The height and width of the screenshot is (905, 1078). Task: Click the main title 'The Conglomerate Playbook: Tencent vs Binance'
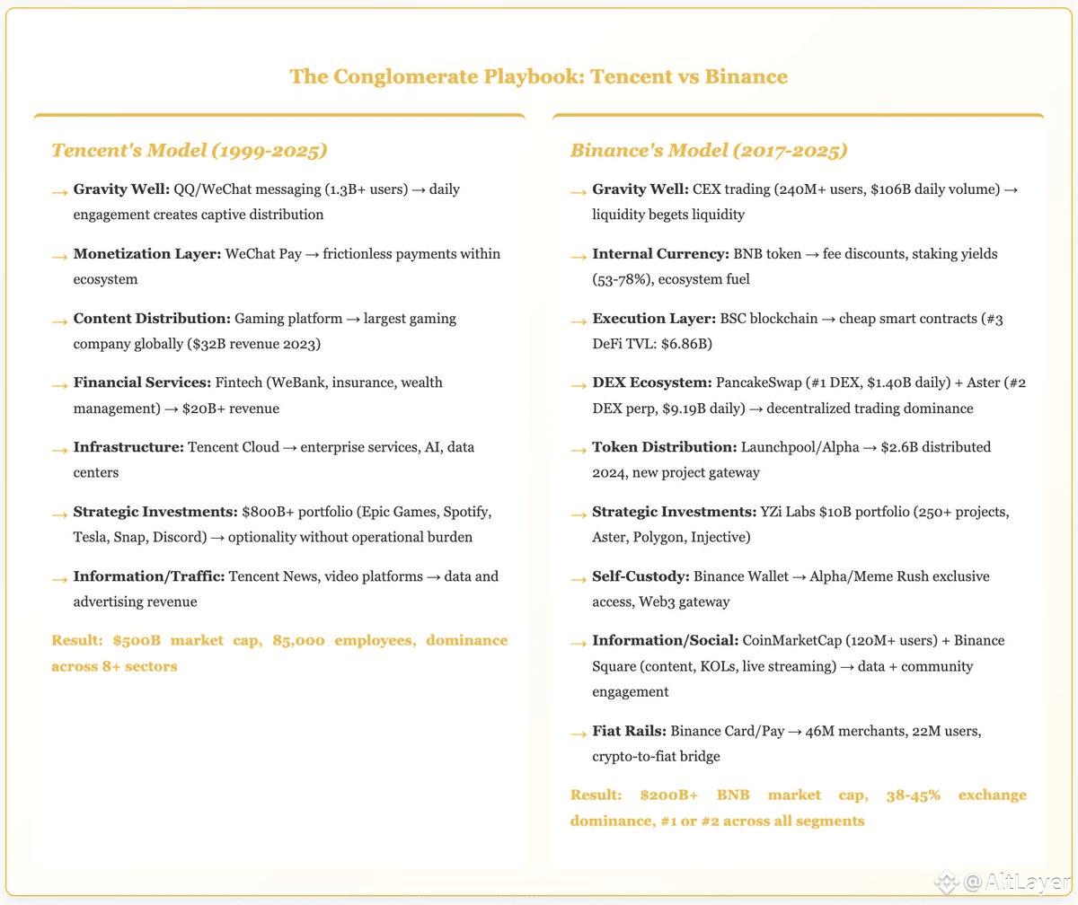[538, 77]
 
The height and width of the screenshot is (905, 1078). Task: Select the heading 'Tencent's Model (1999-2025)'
[189, 150]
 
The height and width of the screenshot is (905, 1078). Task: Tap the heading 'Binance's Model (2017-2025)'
[708, 150]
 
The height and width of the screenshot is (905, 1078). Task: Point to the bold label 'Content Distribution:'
[151, 319]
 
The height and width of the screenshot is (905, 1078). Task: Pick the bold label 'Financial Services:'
[142, 383]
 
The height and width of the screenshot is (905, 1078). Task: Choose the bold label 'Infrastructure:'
[128, 447]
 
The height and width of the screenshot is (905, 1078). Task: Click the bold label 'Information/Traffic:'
[148, 576]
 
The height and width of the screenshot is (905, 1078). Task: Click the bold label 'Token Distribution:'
[664, 447]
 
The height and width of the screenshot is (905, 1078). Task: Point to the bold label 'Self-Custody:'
[641, 576]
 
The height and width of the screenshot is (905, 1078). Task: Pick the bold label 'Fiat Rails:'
[629, 731]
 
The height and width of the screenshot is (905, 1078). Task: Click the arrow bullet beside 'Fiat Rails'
[579, 734]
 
